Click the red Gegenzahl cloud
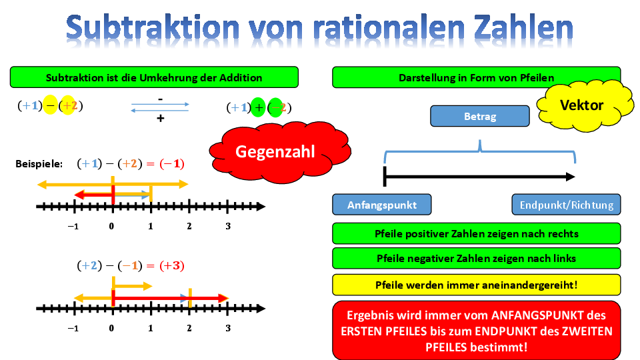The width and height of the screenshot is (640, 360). click(279, 152)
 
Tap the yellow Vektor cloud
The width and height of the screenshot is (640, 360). click(585, 105)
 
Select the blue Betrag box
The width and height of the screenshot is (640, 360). click(480, 116)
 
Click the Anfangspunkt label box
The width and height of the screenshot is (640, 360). click(381, 205)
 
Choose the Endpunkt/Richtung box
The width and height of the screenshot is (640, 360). click(566, 205)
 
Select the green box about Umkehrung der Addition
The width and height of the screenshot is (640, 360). click(154, 77)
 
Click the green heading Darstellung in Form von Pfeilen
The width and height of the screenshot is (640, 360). click(476, 77)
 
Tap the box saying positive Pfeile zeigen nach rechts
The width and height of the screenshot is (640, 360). click(476, 233)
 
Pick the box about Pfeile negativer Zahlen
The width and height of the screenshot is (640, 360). click(476, 258)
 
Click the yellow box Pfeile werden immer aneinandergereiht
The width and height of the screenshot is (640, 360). click(476, 285)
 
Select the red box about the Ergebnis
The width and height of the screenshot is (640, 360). click(476, 331)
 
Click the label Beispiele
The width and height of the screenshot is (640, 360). click(39, 164)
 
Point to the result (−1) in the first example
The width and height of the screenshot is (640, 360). click(172, 164)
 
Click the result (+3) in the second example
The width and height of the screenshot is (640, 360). click(172, 266)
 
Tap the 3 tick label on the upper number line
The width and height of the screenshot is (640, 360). click(228, 226)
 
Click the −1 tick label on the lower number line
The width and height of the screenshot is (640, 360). click(73, 328)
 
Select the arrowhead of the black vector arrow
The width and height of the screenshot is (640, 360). click(570, 177)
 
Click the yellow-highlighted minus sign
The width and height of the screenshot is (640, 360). click(50, 105)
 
